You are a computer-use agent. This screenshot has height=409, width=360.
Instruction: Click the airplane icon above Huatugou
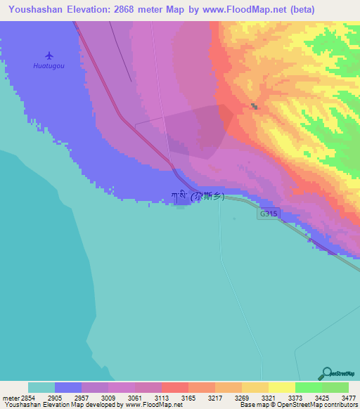[49, 55]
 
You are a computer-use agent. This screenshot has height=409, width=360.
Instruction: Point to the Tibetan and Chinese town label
[198, 197]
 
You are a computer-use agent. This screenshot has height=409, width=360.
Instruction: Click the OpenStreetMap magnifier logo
[326, 373]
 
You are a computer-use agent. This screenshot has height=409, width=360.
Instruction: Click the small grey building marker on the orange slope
[255, 107]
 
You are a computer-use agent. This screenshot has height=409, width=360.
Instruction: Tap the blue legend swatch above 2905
[68, 387]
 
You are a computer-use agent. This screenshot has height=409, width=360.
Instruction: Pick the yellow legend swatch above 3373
[281, 387]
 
